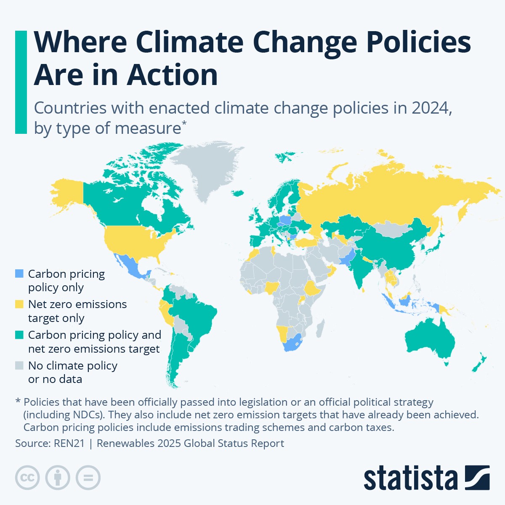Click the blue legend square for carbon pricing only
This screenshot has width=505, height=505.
click(19, 274)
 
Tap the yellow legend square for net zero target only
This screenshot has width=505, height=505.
click(19, 304)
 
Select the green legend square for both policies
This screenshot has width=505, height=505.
click(19, 335)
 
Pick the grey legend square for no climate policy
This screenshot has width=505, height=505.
click(19, 365)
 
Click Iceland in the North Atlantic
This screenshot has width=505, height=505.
click(238, 193)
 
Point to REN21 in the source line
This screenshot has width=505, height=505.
click(69, 444)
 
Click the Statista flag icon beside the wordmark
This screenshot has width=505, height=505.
click(477, 478)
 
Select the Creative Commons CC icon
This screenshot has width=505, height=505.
click(27, 478)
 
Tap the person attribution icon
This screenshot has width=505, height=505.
click(58, 478)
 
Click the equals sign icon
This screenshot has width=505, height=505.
click(88, 478)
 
